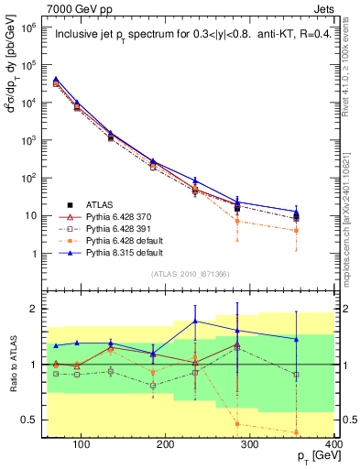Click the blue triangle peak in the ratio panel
click(x=220, y=321)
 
